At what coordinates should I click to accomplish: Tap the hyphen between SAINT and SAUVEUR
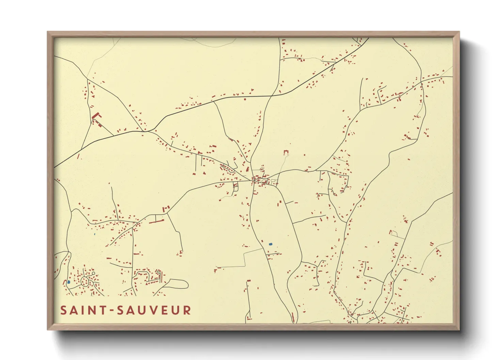(x=111, y=311)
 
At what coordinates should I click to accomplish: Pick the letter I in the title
(x=83, y=310)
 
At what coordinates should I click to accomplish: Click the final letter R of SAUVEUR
(x=187, y=310)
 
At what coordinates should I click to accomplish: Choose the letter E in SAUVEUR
(x=164, y=310)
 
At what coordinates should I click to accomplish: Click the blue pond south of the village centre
(x=271, y=244)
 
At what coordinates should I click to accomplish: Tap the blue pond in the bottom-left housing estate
(x=68, y=282)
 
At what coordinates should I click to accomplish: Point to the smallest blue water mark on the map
(x=94, y=234)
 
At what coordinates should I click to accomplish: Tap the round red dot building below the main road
(x=245, y=99)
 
